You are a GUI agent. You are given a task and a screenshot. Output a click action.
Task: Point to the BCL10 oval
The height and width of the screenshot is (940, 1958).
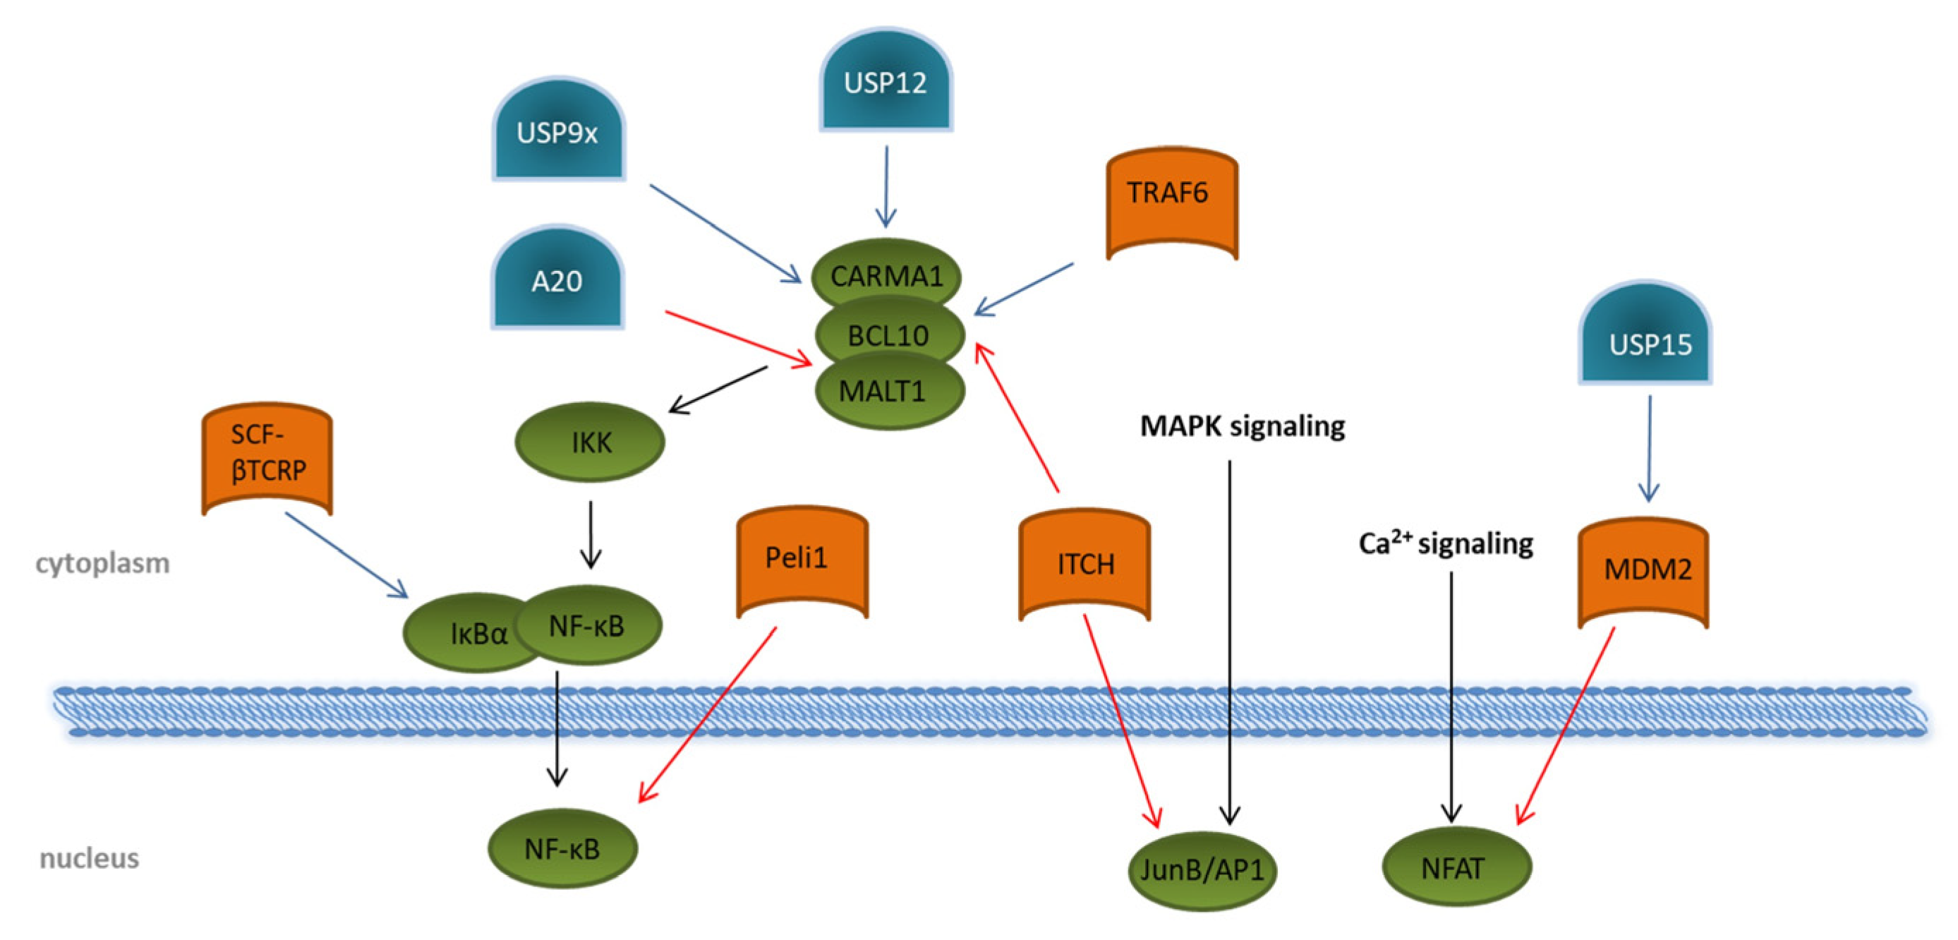888,335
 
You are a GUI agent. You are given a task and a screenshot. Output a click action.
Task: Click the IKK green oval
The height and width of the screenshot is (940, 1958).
590,442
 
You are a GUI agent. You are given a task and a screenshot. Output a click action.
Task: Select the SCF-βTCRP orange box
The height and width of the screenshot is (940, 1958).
267,457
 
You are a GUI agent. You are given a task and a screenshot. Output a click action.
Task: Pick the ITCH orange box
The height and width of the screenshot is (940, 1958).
1084,565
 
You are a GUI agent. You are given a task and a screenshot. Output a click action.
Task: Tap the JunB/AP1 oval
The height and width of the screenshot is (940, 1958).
1201,869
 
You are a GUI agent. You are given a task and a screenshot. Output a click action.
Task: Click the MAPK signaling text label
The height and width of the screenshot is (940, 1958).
1242,426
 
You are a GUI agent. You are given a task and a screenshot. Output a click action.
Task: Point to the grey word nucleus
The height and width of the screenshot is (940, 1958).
90,858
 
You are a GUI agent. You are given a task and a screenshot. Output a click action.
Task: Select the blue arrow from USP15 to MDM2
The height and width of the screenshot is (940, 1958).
1649,449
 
